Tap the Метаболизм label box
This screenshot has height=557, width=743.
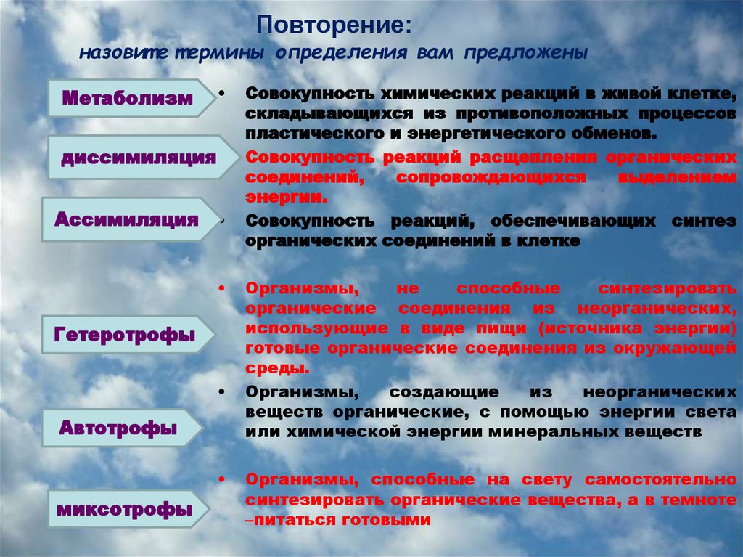127,98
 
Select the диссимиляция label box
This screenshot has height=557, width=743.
138,158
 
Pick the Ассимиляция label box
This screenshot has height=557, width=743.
127,219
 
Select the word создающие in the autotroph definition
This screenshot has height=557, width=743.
443,392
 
